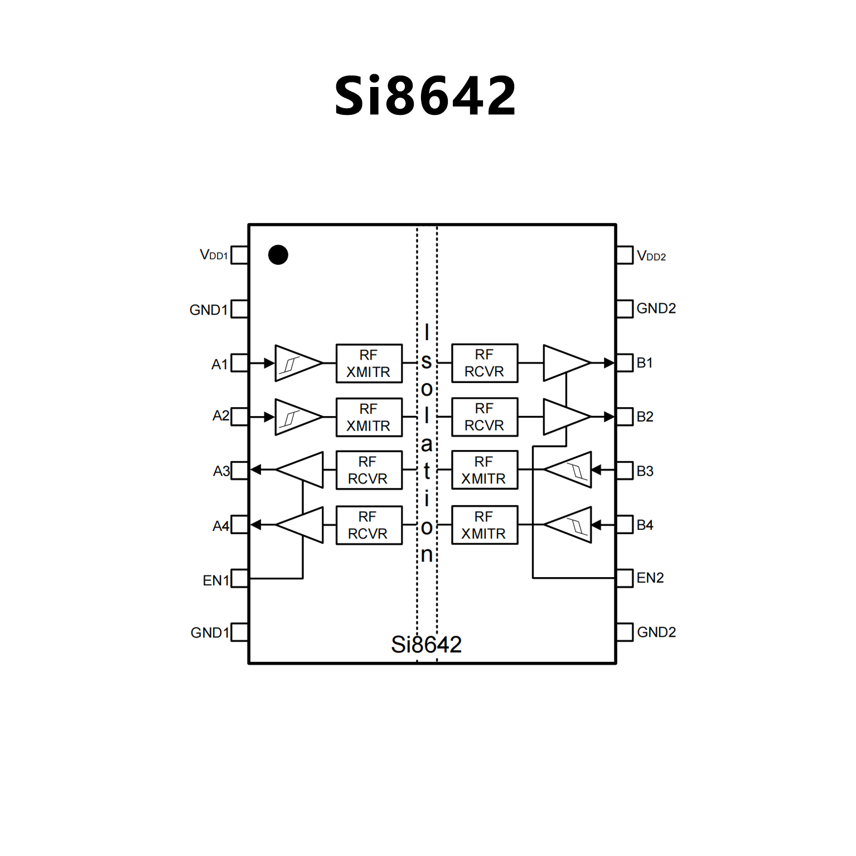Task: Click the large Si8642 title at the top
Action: coord(425,96)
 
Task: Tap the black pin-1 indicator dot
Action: coord(278,255)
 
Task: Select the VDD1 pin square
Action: coord(239,255)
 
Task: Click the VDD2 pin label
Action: coord(651,256)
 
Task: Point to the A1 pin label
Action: coord(220,364)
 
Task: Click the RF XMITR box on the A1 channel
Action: coord(369,364)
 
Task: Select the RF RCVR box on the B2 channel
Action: coord(484,417)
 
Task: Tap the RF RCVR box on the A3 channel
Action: coord(369,470)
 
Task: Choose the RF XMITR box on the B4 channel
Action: coord(484,525)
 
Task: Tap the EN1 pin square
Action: coord(239,578)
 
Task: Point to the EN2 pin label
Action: coord(650,578)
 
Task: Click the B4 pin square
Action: coord(625,525)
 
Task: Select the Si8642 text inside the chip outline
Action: coord(427,645)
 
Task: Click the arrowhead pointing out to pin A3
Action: coord(256,470)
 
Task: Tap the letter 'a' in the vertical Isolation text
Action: coord(427,444)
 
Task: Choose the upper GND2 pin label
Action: coord(656,308)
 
